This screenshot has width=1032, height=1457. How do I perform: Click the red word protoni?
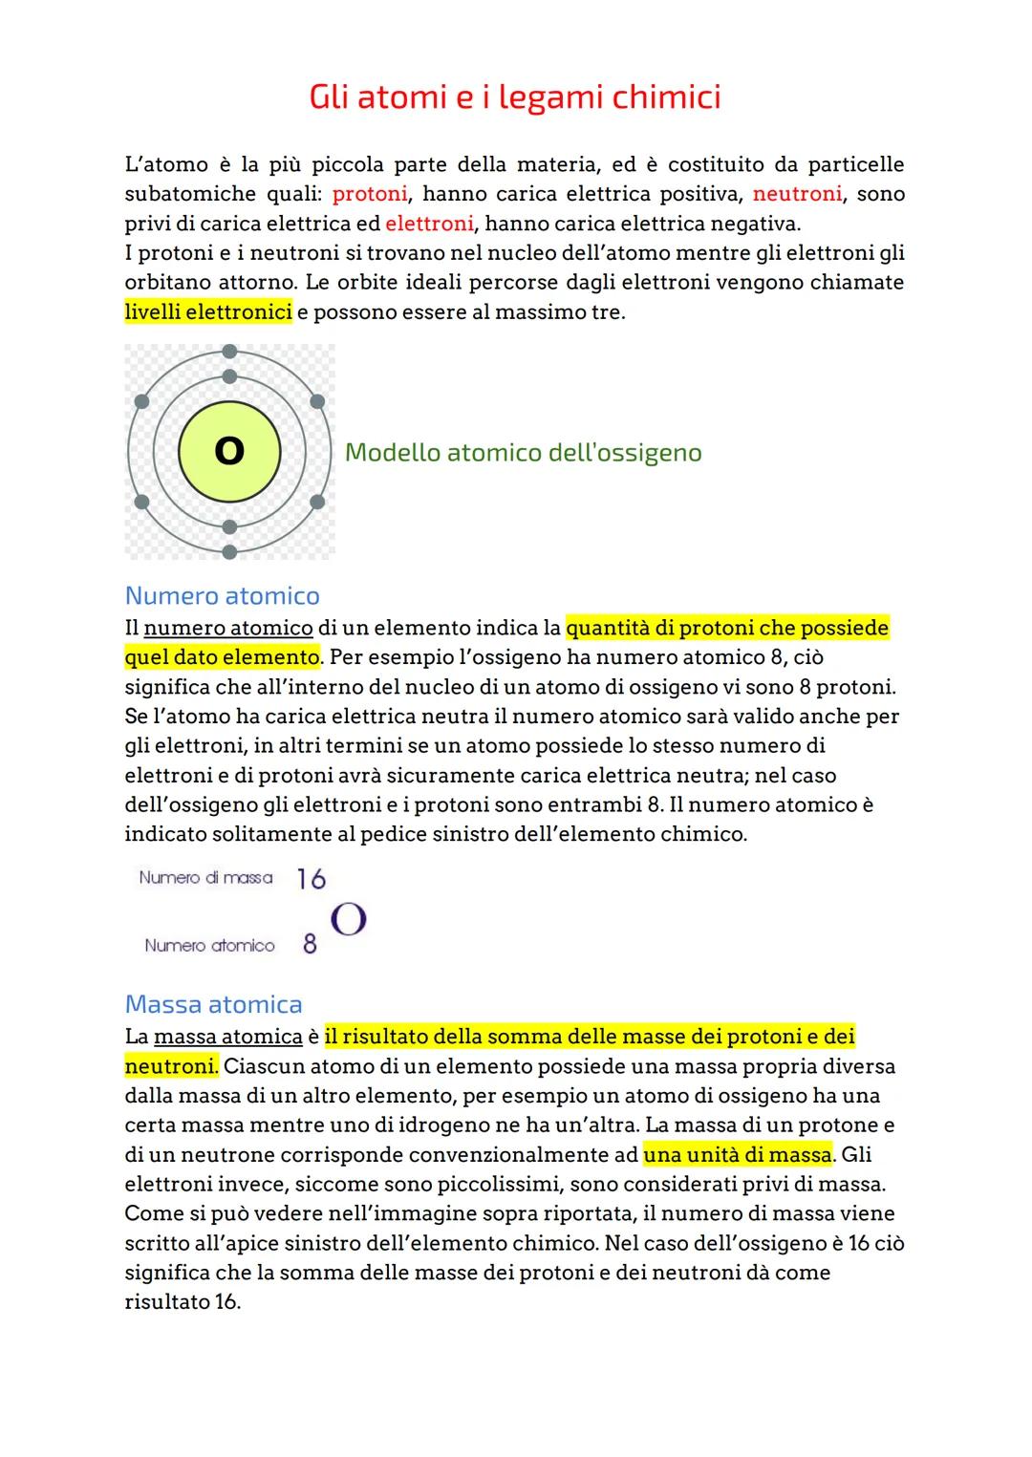[x=370, y=194]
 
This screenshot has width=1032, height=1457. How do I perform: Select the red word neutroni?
[x=797, y=194]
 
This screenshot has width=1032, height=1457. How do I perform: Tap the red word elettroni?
[x=429, y=224]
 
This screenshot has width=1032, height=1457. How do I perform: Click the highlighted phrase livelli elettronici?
[x=208, y=312]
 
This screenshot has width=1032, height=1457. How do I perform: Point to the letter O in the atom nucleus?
[x=229, y=451]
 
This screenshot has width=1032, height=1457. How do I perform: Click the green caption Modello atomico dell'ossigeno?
[x=523, y=453]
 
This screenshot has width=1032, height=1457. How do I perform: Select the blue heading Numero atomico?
[x=222, y=596]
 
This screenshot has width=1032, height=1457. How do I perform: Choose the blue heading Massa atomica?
[x=213, y=1004]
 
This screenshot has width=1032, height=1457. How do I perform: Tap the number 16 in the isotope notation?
[x=311, y=879]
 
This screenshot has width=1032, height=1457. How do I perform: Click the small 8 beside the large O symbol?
[x=310, y=944]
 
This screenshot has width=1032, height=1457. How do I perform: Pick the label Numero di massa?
[x=205, y=877]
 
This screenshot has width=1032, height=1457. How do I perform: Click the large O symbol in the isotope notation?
[x=349, y=920]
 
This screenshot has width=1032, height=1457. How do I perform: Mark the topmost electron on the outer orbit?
[x=229, y=352]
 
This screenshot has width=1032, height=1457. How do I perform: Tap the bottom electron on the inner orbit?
[x=229, y=526]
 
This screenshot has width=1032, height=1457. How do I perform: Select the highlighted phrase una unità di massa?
[x=738, y=1154]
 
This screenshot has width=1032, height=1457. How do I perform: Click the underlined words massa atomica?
[x=227, y=1037]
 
